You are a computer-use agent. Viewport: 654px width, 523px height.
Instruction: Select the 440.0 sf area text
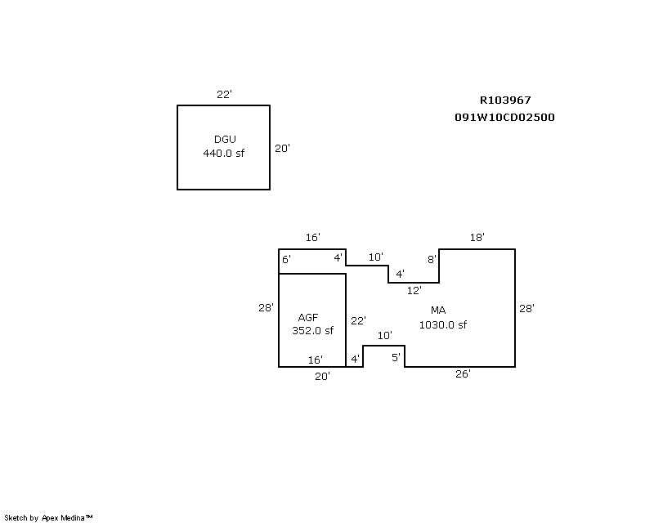coord(224,153)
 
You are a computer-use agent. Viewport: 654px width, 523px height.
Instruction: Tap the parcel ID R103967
coord(505,101)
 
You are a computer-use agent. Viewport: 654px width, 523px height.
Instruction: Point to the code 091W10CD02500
coord(505,117)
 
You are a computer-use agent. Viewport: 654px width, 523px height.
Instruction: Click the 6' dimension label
coord(286,260)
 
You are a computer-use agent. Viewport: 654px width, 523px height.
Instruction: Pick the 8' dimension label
coord(432,260)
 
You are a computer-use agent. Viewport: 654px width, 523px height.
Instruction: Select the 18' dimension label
coord(477,238)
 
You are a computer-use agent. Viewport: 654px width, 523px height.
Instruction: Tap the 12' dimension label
coord(414,290)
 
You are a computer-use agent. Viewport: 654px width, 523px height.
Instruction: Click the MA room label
coord(438,311)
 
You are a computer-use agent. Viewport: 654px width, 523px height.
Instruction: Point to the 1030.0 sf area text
coord(443,325)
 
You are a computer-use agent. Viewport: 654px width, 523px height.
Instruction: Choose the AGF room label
coord(307,317)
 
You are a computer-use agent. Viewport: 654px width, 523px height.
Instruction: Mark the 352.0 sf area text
coord(312,331)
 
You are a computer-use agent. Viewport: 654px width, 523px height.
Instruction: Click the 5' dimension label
coord(396,357)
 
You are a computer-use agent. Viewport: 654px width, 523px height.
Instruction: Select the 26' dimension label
coord(463,373)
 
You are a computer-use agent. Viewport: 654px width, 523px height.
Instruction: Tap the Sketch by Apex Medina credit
coord(49,517)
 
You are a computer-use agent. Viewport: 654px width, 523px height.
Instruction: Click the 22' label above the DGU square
coord(224,95)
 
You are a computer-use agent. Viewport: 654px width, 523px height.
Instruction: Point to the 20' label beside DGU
coord(282,149)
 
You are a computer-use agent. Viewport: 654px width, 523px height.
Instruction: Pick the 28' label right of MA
coord(526,309)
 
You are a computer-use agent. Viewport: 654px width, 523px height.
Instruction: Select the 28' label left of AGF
coord(266,308)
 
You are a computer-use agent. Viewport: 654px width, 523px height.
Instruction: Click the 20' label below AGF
coord(323,377)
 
